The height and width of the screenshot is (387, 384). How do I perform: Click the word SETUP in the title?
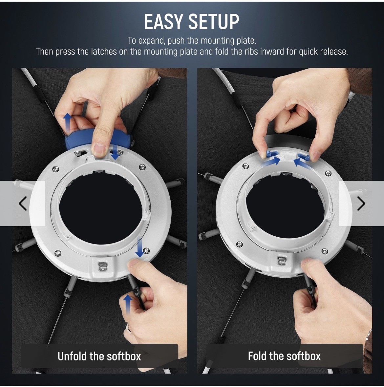[214, 22]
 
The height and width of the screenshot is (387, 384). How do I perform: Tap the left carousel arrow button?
[23, 204]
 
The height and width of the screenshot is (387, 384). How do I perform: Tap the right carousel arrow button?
[361, 204]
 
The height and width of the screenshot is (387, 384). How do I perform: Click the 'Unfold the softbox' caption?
[99, 356]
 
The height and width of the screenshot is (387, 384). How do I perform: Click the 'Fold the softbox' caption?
[284, 356]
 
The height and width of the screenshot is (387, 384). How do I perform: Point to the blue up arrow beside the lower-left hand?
[128, 304]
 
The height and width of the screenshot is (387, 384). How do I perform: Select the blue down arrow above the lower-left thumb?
[140, 248]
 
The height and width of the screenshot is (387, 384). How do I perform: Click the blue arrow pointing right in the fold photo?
[271, 161]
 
